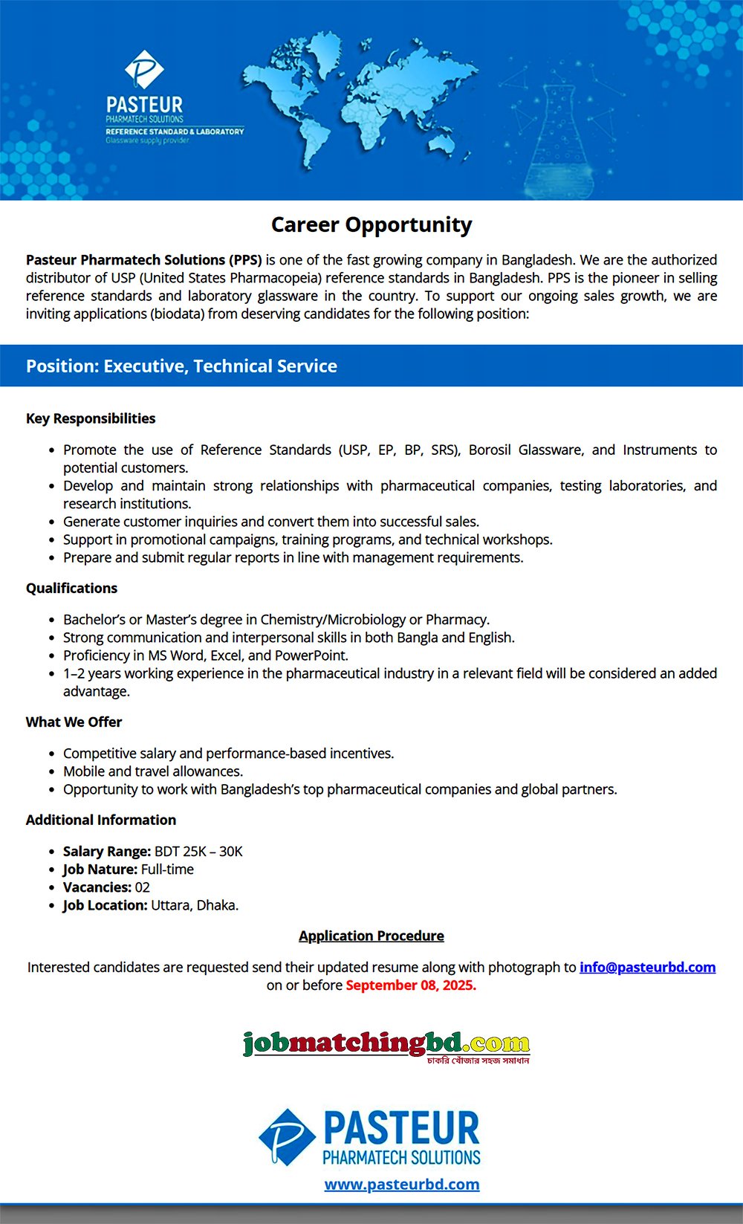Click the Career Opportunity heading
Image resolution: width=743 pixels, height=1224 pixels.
click(371, 224)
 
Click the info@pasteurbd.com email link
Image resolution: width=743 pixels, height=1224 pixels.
click(647, 967)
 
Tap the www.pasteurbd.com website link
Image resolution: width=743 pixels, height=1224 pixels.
click(402, 1184)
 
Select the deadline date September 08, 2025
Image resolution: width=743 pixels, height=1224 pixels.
click(411, 985)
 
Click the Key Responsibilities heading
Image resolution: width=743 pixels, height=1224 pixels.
click(91, 418)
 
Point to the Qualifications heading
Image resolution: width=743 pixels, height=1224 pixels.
click(71, 588)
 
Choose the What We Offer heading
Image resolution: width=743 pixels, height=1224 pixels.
click(74, 722)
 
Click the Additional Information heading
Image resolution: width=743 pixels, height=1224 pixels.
click(101, 820)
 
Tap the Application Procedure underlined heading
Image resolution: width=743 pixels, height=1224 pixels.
click(371, 936)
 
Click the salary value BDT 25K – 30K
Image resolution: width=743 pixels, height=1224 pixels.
click(198, 851)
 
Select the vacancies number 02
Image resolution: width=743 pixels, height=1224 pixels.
click(142, 887)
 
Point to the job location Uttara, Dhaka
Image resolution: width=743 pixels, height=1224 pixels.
click(195, 905)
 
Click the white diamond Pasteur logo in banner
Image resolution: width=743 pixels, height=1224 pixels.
click(144, 70)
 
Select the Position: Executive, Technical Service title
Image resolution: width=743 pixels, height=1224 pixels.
click(181, 366)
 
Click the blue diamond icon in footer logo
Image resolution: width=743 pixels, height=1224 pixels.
click(287, 1137)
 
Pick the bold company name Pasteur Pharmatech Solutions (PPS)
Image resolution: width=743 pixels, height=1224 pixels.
click(144, 259)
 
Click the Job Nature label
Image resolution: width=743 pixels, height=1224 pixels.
click(100, 869)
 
